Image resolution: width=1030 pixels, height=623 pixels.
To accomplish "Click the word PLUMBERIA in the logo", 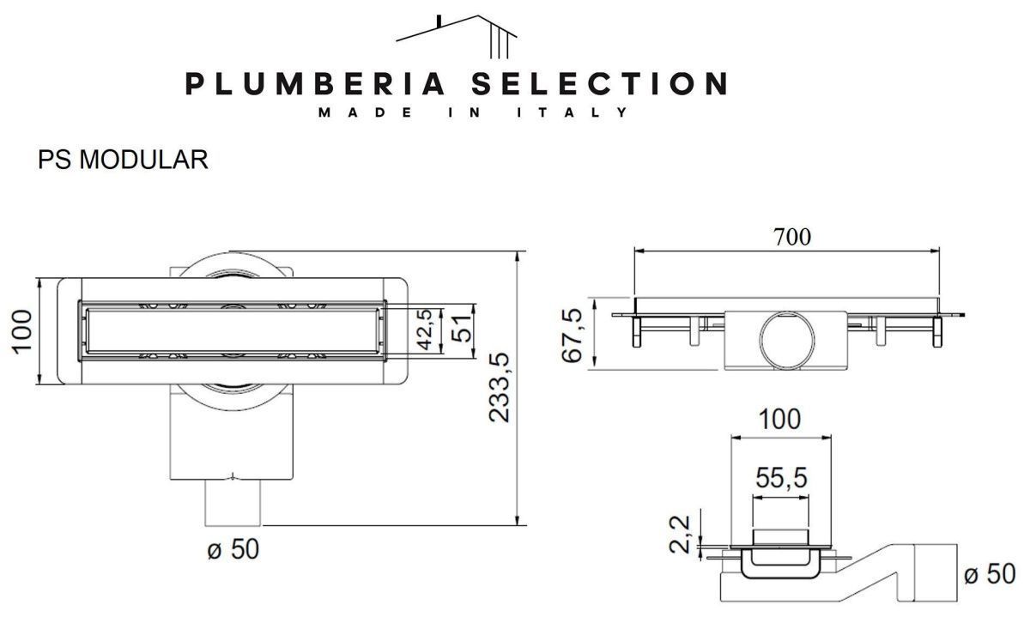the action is (315, 84).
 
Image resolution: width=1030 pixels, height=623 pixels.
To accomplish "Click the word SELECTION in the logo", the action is (600, 84).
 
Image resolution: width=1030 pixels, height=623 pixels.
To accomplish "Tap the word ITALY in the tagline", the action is (572, 112).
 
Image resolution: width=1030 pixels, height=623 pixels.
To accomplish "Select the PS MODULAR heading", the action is (123, 160).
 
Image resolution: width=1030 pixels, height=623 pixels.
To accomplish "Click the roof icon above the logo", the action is (456, 37).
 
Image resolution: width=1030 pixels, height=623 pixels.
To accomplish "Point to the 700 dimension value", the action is (791, 237).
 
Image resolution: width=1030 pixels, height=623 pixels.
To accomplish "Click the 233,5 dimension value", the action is (500, 388).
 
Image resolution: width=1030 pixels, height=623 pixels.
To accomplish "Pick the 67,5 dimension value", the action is (572, 336).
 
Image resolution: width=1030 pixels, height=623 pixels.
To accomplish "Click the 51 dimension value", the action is (461, 329).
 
